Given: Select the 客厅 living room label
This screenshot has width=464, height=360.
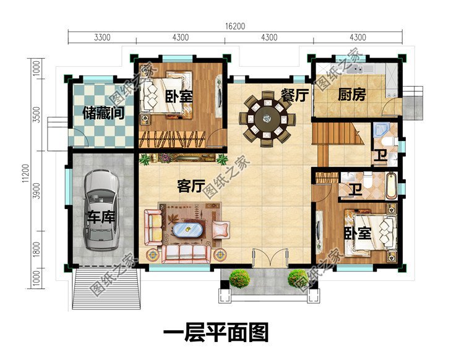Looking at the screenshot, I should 191,186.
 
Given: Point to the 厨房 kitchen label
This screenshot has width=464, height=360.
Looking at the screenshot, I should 351,95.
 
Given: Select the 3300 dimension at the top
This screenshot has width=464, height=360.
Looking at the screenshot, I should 102,38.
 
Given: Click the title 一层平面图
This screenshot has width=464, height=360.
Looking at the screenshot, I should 215,333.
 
